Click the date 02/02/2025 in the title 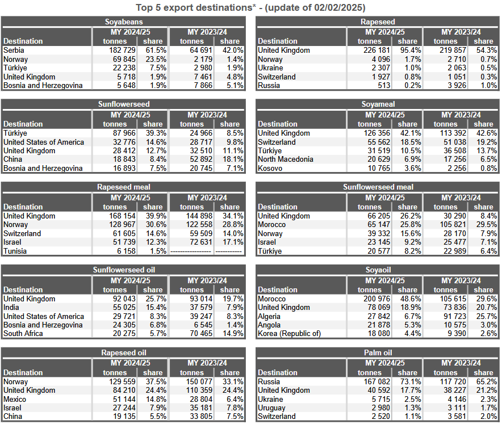click(338, 7)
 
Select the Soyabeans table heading click(124, 22)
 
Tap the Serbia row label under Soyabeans click(14, 51)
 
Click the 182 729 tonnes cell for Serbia click(122, 51)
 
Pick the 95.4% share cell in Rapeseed click(411, 51)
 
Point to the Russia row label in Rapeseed click(269, 86)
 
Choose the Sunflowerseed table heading click(124, 104)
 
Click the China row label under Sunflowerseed click(13, 159)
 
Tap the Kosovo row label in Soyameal click(270, 169)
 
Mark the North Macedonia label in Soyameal click(286, 159)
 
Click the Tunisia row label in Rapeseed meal click(15, 251)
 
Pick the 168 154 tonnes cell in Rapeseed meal click(122, 216)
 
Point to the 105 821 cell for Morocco click(453, 225)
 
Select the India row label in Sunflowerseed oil click(11, 308)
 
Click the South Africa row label click(23, 333)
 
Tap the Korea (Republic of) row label click(290, 333)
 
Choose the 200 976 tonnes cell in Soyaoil click(377, 299)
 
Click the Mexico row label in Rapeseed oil click(15, 400)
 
